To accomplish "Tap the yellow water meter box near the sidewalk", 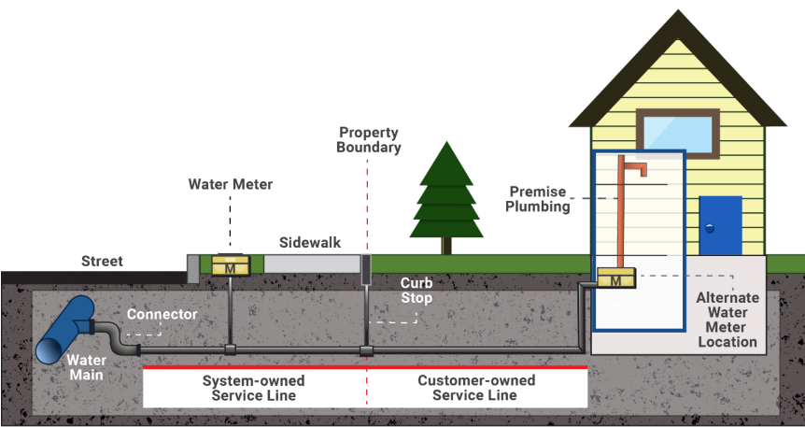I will (229, 266).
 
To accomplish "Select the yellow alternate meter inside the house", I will (616, 279).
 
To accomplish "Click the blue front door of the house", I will (720, 225).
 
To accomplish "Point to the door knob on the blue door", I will (708, 228).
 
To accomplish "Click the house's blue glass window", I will (678, 130).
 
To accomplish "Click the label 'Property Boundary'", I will (369, 140).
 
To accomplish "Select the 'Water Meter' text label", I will (231, 185).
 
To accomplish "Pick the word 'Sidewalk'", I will (310, 243).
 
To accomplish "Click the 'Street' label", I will (102, 261).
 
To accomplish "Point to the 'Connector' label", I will (162, 315).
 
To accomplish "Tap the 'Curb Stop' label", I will (416, 290).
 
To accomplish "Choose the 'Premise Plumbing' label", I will (538, 198).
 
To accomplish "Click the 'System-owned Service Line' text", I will (253, 388).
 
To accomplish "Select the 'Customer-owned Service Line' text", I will (476, 388).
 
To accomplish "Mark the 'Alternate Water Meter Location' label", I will (727, 320).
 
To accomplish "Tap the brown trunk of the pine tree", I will (446, 245).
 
